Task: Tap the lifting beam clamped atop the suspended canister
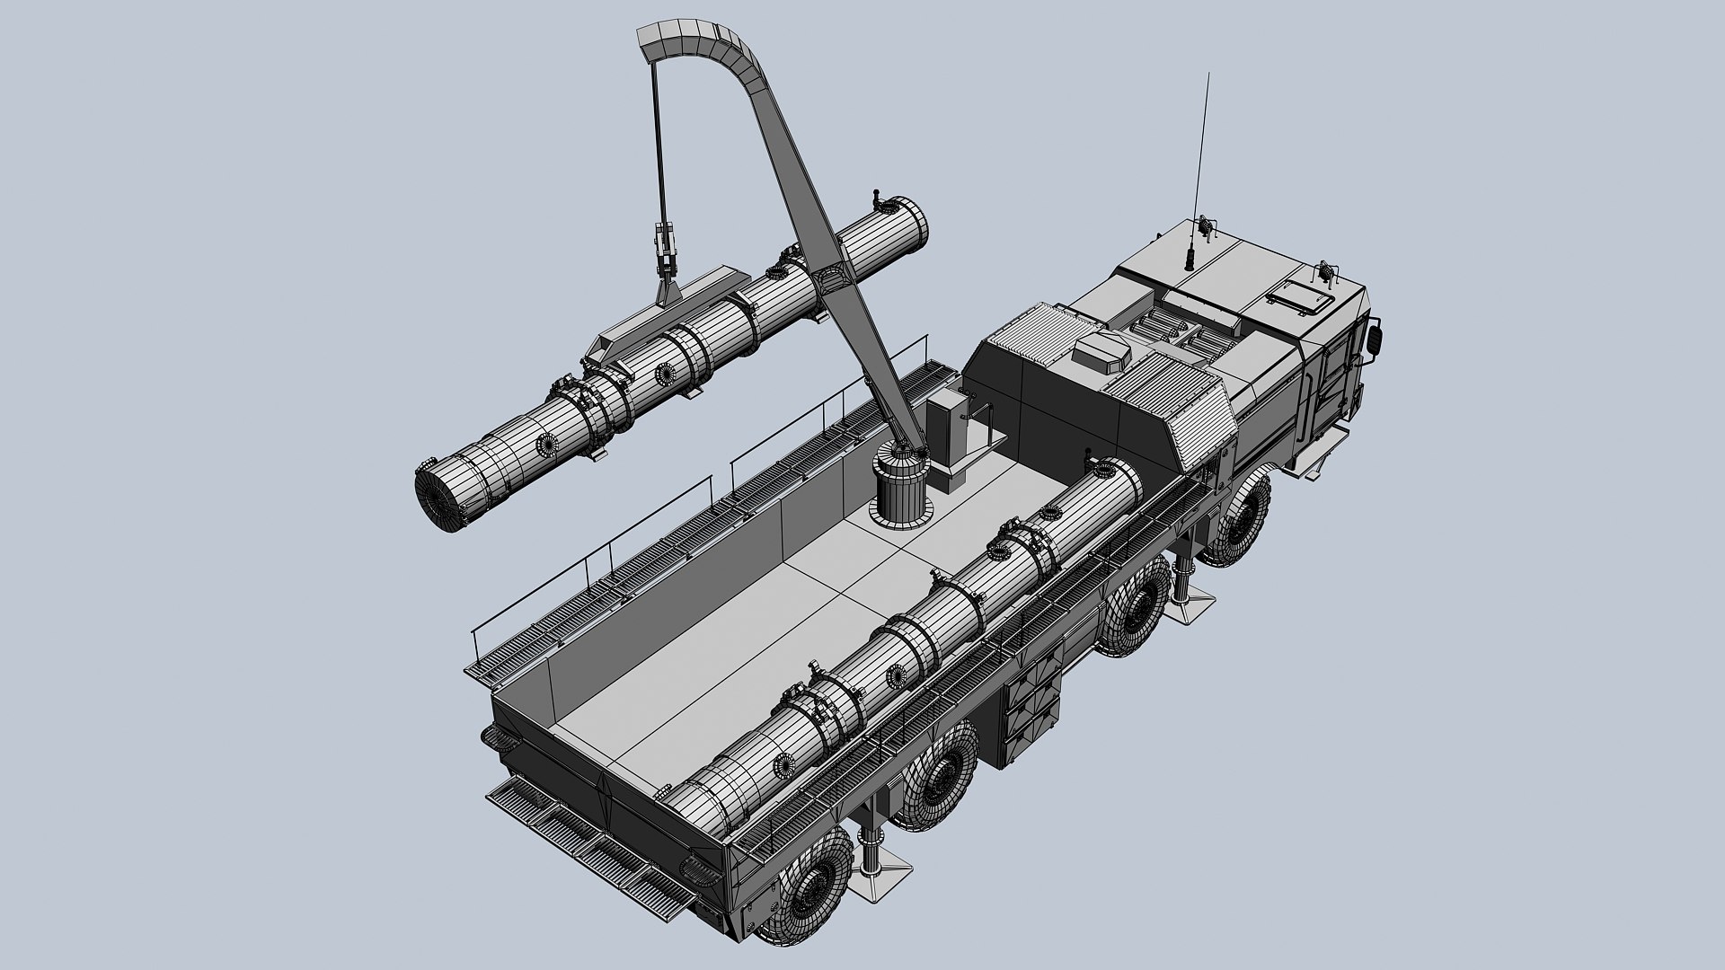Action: point(629,333)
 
